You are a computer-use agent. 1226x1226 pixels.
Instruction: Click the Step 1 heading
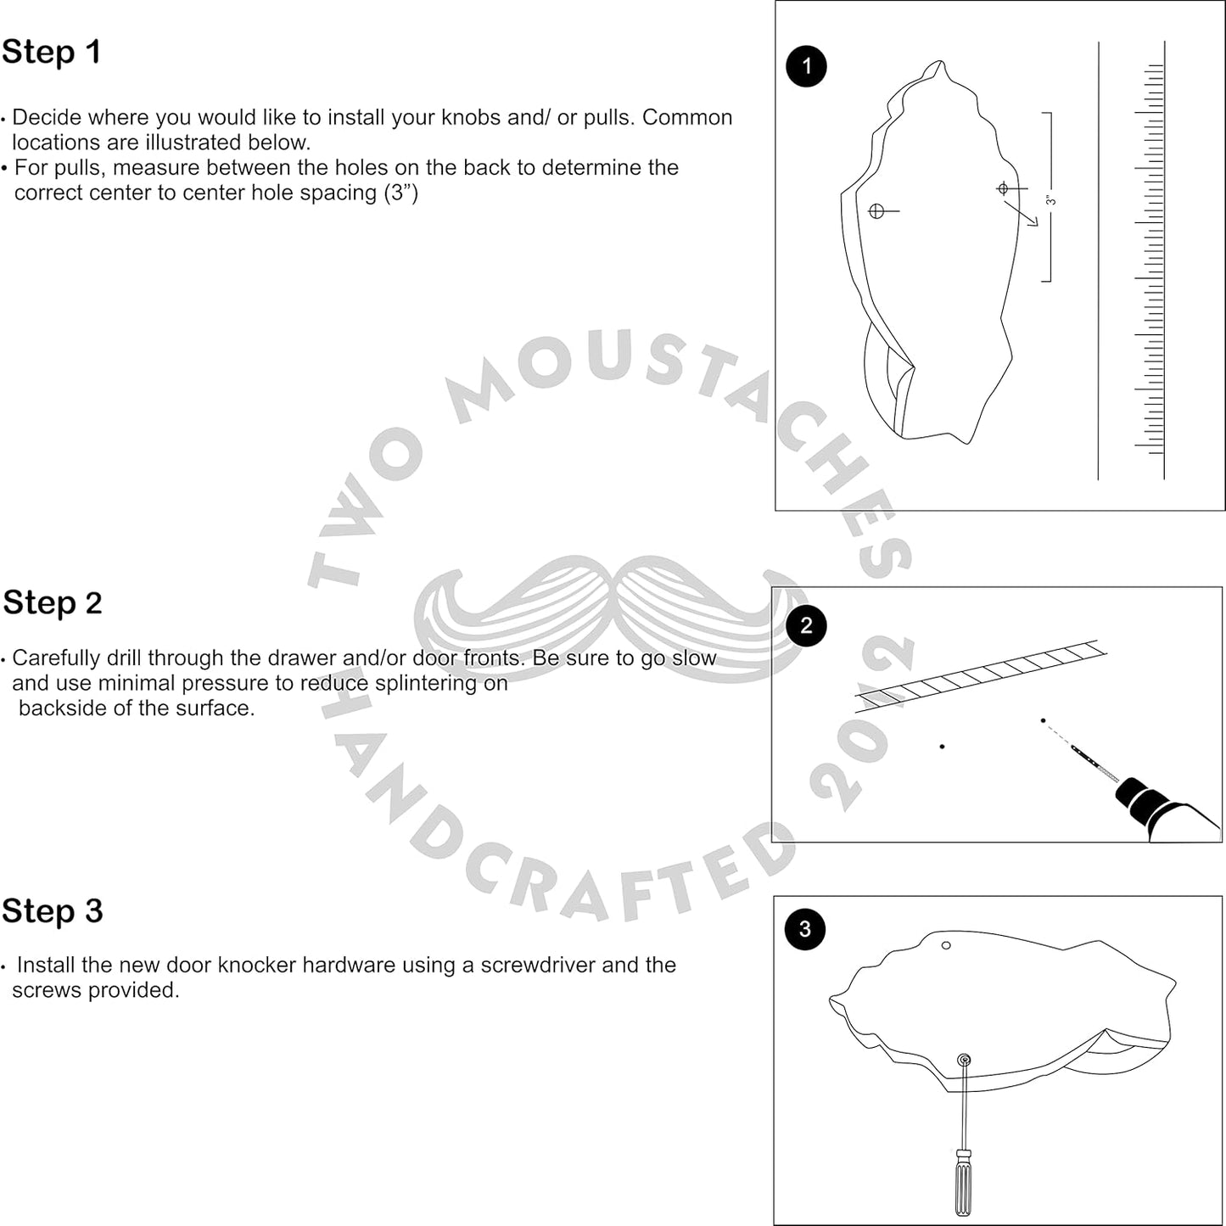(x=51, y=52)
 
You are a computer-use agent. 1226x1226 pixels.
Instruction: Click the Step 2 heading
(x=53, y=603)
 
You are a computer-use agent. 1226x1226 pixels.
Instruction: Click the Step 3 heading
(x=53, y=911)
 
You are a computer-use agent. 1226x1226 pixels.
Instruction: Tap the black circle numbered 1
(x=806, y=67)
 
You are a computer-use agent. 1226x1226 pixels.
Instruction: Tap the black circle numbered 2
(x=806, y=626)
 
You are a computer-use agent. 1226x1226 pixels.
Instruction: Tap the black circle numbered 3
(x=805, y=929)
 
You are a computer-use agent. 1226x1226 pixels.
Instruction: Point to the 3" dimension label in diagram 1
(x=1050, y=200)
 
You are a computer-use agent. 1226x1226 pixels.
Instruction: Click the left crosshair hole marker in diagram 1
(x=876, y=210)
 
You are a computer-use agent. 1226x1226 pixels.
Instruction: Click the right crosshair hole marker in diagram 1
(x=1003, y=188)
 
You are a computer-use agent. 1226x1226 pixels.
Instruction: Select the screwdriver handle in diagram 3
(x=963, y=1184)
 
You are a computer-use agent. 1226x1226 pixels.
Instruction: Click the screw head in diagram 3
(x=964, y=1060)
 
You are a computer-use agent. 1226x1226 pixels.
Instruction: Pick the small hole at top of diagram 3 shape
(x=946, y=945)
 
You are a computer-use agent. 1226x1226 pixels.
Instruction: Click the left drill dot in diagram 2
(x=942, y=747)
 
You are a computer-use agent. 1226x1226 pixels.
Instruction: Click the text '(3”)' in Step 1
(x=401, y=193)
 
